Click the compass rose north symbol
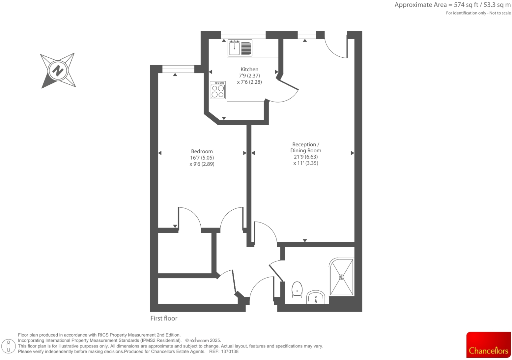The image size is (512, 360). (58, 71)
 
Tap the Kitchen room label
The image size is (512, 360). (249, 69)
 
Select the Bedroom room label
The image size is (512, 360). (202, 151)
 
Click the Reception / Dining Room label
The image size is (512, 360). (305, 147)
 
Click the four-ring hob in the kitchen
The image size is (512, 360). (217, 90)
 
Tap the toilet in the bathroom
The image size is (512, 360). (297, 289)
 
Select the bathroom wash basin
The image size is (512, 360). (316, 298)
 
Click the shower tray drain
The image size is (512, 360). (342, 277)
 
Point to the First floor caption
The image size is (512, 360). (164, 318)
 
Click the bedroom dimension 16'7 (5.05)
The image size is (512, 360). (202, 158)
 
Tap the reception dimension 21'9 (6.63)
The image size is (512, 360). (305, 157)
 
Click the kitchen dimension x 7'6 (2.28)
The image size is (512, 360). (249, 82)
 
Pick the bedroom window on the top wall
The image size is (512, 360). (178, 69)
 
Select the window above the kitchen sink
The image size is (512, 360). (243, 35)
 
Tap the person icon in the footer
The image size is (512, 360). (9, 346)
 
